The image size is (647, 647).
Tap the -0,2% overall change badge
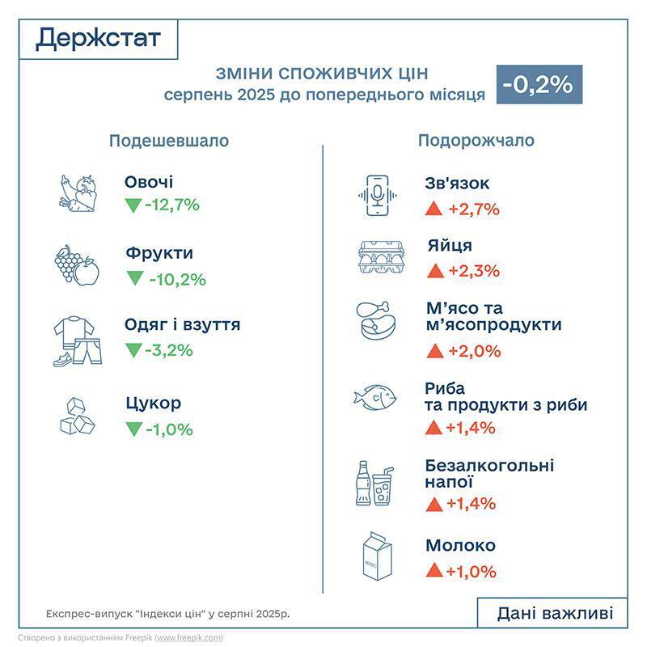pos(537,84)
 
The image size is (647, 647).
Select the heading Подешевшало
pos(169,141)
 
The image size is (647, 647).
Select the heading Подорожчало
pos(476,141)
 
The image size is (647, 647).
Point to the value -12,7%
pos(172,205)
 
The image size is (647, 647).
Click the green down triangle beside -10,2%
pos(134,279)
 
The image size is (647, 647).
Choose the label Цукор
pos(154,403)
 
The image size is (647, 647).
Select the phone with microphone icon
pos(377,195)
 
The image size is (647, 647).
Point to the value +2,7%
pos(473,209)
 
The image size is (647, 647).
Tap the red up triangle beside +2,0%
pos(433,351)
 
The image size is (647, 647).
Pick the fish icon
pos(377,396)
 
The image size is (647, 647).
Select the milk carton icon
pos(376,557)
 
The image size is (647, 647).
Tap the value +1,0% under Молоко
pos(471,572)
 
